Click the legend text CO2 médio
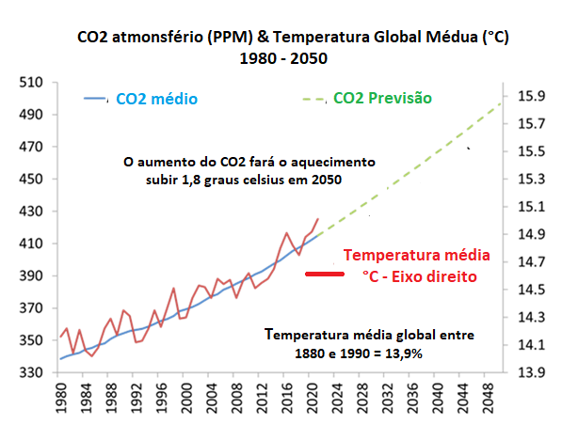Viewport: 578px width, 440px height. coord(156,98)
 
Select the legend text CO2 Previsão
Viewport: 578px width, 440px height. coord(382,98)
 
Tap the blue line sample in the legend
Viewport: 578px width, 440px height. coord(97,98)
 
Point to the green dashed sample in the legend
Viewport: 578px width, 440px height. coord(313,98)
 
